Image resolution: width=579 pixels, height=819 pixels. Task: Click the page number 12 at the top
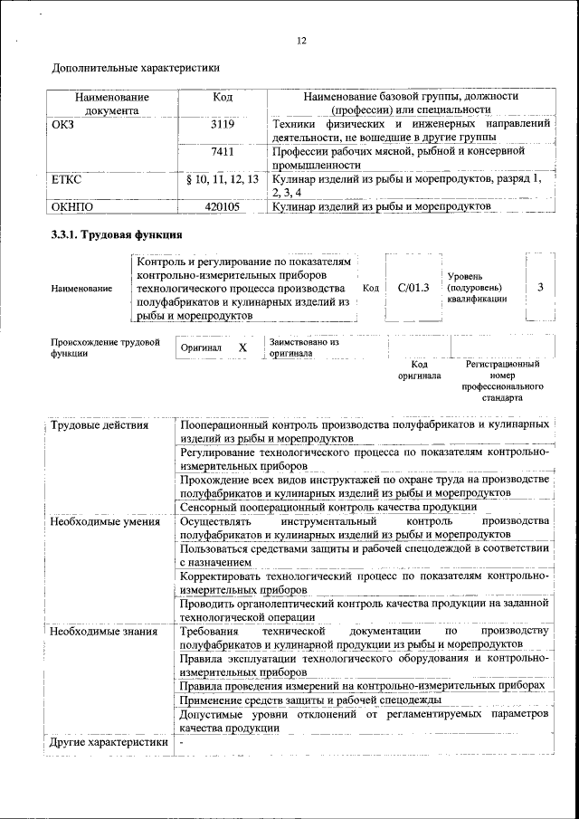[301, 40]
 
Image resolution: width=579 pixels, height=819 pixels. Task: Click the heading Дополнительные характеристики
[136, 67]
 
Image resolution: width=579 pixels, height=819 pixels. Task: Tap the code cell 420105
[223, 207]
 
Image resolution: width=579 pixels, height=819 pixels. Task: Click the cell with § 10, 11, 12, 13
[222, 179]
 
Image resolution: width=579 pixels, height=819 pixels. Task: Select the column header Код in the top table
[223, 96]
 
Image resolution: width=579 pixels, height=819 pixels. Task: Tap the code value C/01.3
[413, 287]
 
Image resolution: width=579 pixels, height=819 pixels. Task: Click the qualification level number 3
[539, 287]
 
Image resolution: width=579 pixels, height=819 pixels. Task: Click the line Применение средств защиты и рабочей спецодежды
[310, 700]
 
